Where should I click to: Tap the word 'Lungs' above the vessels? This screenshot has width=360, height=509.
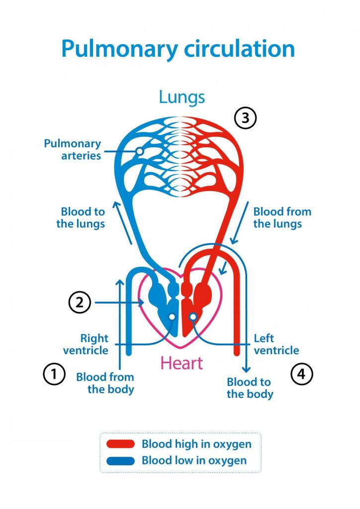181,97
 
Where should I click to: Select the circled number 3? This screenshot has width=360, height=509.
245,119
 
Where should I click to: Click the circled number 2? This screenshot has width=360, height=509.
80,302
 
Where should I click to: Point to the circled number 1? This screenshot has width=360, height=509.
54,374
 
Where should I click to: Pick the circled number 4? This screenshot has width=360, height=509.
301,374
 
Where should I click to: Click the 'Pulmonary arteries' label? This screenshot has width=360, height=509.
72,150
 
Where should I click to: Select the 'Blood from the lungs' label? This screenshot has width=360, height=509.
281,217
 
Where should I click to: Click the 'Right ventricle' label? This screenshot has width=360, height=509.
86,344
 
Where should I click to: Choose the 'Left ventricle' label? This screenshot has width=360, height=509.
276,344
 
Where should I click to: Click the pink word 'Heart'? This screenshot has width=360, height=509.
181,363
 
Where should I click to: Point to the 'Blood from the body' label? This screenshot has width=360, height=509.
105,383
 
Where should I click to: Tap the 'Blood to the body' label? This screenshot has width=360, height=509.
250,388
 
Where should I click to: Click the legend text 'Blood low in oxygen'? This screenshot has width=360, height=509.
194,460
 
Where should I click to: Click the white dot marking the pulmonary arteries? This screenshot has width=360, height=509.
140,150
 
